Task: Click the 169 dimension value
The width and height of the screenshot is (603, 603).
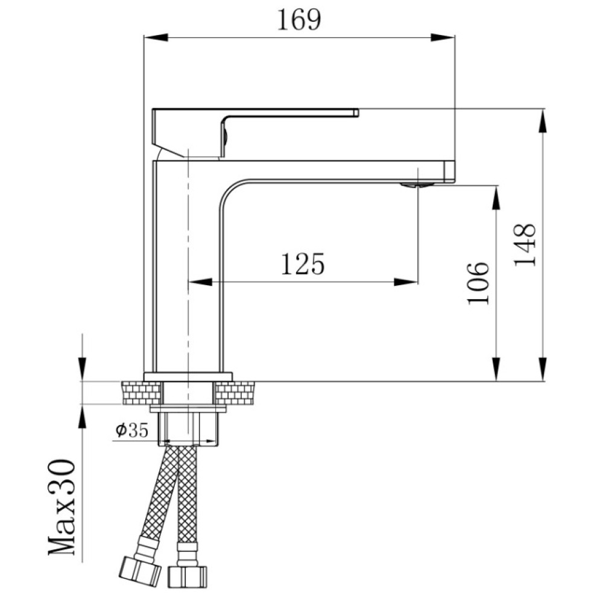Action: (299, 20)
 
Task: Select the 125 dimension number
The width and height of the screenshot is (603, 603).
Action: (303, 264)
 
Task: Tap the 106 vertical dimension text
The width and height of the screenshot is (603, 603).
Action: (478, 283)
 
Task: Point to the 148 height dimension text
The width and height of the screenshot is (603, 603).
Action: (525, 244)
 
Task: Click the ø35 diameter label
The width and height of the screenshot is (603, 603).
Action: (131, 431)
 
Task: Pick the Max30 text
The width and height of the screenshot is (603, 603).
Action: (62, 507)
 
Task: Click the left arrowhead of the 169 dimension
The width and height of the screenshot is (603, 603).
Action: (156, 37)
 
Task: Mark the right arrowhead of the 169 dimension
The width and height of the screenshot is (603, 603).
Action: (443, 37)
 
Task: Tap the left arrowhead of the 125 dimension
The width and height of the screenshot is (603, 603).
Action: (200, 282)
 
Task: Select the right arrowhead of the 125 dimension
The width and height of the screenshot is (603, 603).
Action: (406, 282)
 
